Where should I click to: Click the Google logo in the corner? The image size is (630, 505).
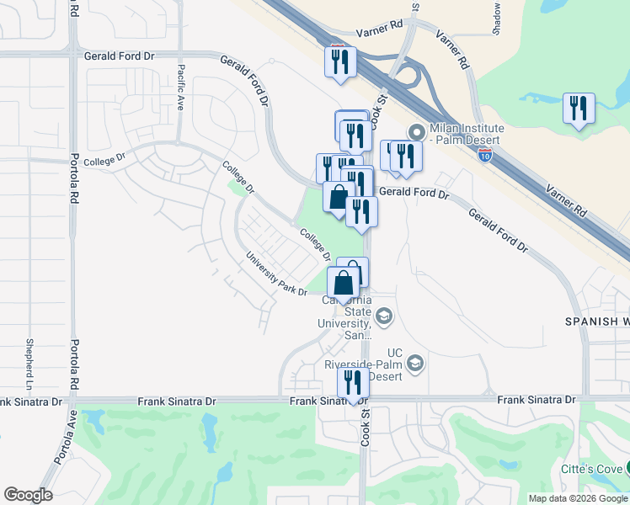(x=28, y=495)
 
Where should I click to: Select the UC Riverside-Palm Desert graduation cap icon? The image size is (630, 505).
(x=414, y=364)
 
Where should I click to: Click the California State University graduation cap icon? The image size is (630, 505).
(x=384, y=316)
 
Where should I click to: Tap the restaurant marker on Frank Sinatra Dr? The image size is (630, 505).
(x=354, y=382)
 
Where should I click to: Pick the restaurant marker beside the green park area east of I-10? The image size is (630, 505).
(x=579, y=108)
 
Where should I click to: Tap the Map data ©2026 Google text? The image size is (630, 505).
(x=577, y=498)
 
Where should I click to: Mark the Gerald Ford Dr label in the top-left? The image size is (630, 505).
(x=120, y=56)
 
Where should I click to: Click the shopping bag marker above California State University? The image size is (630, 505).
(x=343, y=283)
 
